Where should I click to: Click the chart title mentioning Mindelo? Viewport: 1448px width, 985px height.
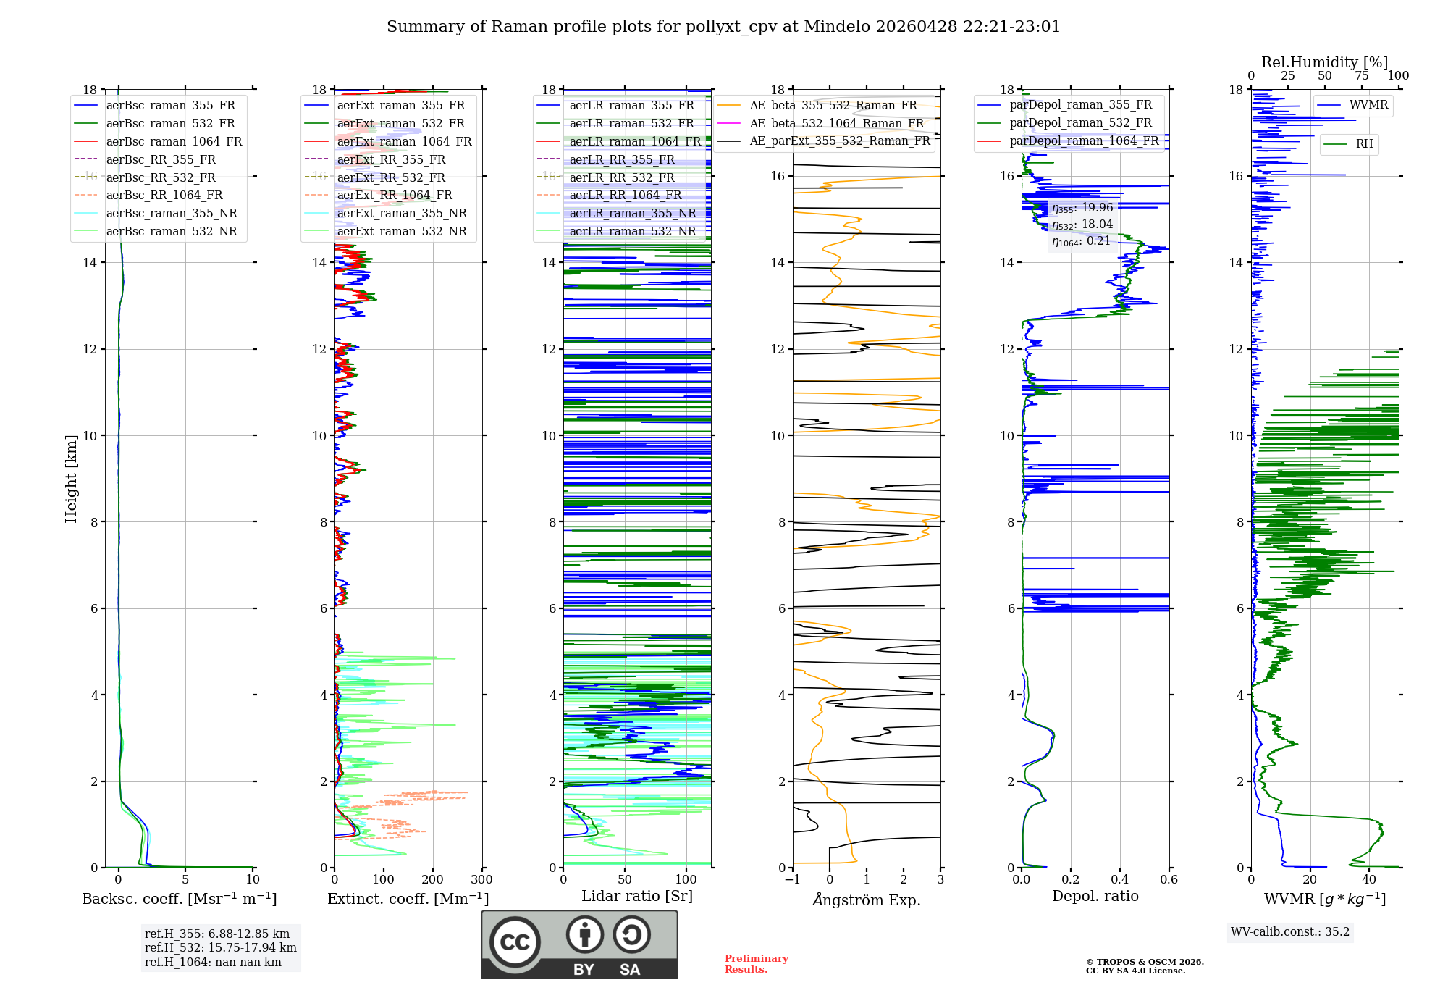[723, 27]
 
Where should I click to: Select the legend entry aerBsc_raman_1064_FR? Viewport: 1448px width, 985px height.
[174, 141]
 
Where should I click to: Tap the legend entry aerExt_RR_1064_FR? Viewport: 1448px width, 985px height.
[395, 195]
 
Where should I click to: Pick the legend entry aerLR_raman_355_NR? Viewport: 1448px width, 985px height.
[632, 213]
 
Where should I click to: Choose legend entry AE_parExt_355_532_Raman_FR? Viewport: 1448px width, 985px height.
[839, 141]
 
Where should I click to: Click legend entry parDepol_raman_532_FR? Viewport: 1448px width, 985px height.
[1080, 122]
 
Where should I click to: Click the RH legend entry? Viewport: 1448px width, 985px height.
[1364, 144]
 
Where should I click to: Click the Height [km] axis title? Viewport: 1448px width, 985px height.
[71, 478]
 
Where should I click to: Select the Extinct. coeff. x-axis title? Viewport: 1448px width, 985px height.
[408, 899]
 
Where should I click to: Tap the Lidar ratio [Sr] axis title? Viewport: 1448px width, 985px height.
[636, 896]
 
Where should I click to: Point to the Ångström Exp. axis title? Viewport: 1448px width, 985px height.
[866, 900]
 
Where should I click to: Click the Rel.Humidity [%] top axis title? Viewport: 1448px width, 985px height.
[1324, 62]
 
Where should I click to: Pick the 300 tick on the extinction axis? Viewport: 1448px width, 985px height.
[481, 880]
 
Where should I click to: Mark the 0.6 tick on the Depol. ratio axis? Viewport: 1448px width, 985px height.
[1169, 880]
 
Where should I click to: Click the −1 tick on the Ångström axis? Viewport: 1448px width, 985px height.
[792, 880]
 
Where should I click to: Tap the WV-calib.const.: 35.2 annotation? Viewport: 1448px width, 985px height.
[1289, 932]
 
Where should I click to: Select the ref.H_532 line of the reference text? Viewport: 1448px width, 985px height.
[220, 947]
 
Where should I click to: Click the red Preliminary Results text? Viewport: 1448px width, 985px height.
[756, 964]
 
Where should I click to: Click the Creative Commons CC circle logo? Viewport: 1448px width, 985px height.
[515, 942]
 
